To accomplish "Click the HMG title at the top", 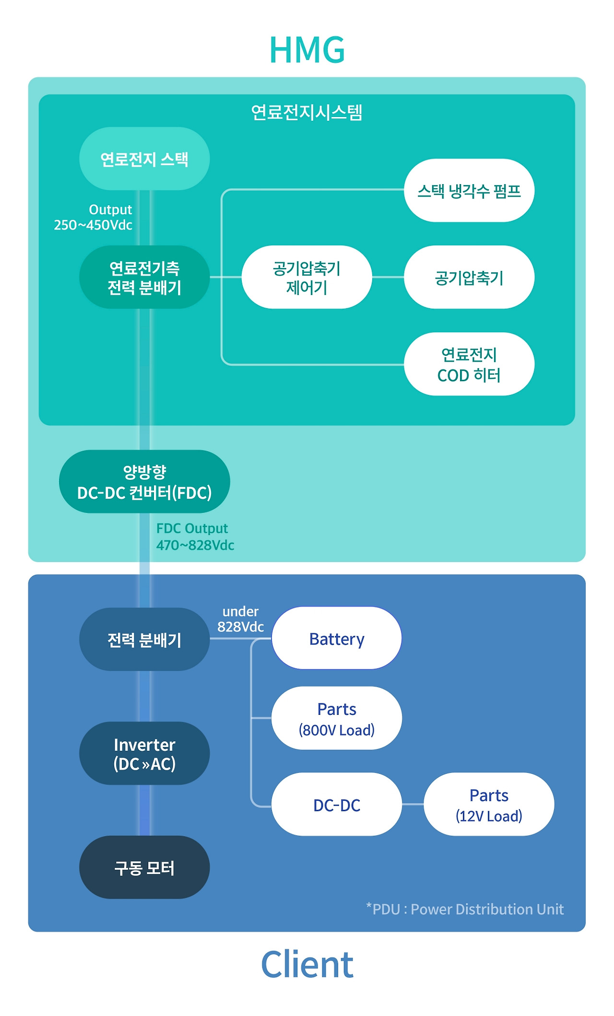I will [x=307, y=50].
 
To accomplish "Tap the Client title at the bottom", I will [x=307, y=964].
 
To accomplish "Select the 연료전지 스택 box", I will [x=144, y=159].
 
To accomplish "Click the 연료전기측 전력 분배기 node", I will [x=144, y=277].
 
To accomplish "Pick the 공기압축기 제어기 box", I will [x=307, y=277].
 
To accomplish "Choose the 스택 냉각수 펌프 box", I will [x=469, y=190].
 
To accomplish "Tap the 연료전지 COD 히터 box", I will [x=469, y=364].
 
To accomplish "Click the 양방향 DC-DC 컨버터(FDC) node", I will [x=144, y=481].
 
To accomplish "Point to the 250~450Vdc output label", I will [x=93, y=225].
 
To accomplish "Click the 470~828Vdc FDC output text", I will [x=195, y=545].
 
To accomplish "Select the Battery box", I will [x=336, y=638].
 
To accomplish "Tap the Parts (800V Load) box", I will [x=336, y=718].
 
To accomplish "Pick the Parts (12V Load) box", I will [x=488, y=804].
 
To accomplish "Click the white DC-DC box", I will [x=336, y=804].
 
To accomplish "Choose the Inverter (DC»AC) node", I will [x=144, y=753].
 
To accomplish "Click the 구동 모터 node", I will [x=144, y=867].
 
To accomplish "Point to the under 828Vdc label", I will [x=240, y=619].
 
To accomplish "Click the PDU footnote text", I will [x=465, y=909].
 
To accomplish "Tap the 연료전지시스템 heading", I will [x=307, y=112].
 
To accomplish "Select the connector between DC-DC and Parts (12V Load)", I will [x=413, y=804].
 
